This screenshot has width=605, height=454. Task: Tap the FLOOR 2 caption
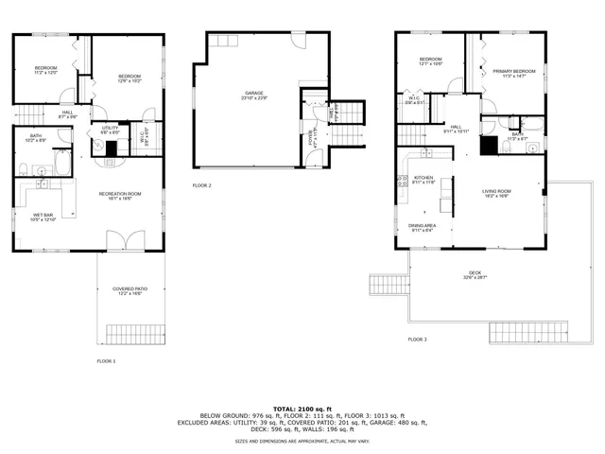[201, 185]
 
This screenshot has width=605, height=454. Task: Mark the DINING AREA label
[422, 226]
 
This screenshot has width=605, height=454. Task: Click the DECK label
[474, 274]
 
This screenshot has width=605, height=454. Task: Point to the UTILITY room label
[110, 128]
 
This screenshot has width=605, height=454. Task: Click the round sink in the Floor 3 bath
[531, 147]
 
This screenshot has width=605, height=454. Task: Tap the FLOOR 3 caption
[417, 339]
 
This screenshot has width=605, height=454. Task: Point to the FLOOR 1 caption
[106, 361]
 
